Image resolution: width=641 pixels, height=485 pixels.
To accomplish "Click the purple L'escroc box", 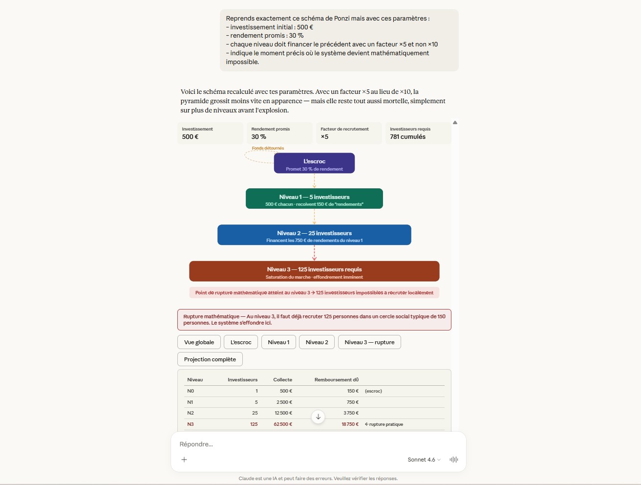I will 314,163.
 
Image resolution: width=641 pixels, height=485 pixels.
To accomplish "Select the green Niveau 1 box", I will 314,199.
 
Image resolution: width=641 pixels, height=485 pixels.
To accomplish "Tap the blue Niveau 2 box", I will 314,235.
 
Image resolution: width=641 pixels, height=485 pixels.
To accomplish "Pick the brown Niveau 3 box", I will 314,271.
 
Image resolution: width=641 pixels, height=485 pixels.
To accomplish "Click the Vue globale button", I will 199,342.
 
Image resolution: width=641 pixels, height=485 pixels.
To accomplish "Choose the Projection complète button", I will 210,359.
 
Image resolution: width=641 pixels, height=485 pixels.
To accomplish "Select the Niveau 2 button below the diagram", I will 317,342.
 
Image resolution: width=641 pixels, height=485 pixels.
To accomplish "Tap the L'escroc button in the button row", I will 241,342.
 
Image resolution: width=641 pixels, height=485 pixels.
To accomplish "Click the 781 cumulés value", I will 407,137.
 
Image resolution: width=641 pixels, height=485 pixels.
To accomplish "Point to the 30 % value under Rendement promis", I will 259,137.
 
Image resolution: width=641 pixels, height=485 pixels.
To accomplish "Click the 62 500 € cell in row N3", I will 283,424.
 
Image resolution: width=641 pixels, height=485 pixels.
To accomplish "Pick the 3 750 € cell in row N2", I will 351,413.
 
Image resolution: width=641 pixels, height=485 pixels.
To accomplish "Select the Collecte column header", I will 282,380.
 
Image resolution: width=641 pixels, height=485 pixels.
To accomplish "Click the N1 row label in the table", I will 190,402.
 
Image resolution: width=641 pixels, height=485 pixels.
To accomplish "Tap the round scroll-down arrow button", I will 318,417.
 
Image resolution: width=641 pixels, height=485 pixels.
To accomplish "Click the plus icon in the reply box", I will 184,460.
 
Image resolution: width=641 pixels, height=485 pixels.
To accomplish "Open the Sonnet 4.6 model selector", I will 424,460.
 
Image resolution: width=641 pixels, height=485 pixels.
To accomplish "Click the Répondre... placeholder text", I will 196,444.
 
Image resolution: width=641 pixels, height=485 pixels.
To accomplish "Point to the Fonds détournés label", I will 268,148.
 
